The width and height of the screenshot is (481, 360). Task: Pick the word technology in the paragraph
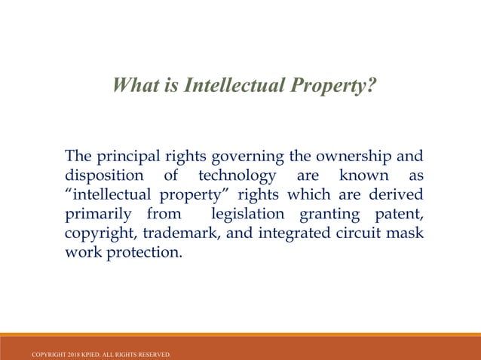point(237,176)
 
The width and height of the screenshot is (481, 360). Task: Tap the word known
point(359,176)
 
